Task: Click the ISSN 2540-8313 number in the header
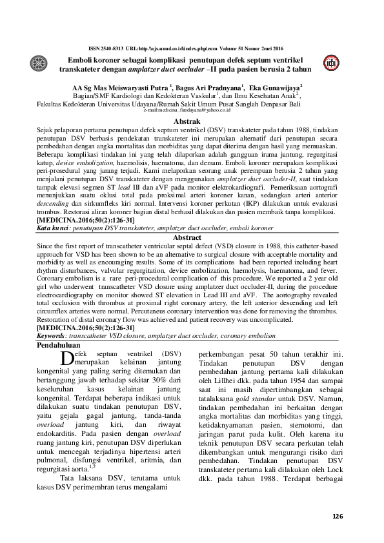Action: pos(105,48)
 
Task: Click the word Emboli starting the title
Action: pos(73,59)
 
